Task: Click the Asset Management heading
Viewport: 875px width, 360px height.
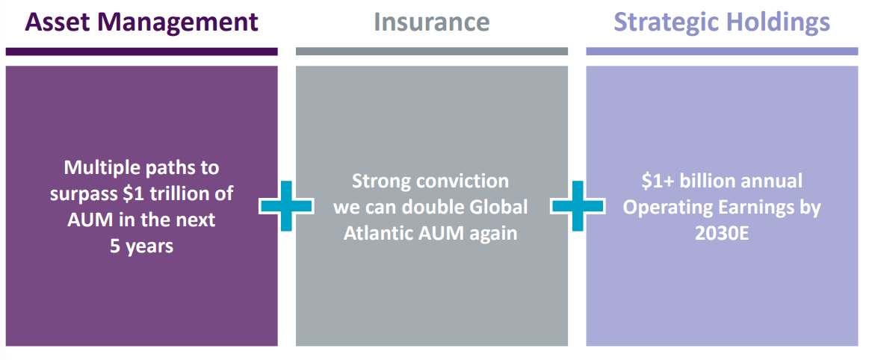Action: pyautogui.click(x=142, y=22)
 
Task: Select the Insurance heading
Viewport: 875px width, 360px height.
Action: pyautogui.click(x=431, y=22)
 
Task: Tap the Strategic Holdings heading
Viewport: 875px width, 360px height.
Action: pyautogui.click(x=722, y=22)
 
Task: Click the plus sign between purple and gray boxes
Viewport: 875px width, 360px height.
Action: pyautogui.click(x=287, y=205)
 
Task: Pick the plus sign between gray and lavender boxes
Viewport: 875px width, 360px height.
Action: pyautogui.click(x=577, y=205)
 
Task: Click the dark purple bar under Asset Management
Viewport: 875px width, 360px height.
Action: pyautogui.click(x=142, y=52)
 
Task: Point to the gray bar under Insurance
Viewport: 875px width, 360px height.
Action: pyautogui.click(x=431, y=52)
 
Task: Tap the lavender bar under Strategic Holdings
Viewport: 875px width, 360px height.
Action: pyautogui.click(x=722, y=52)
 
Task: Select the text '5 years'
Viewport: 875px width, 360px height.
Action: pyautogui.click(x=142, y=246)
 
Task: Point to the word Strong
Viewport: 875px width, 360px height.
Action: pyautogui.click(x=383, y=181)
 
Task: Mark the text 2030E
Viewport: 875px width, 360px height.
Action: pyautogui.click(x=722, y=232)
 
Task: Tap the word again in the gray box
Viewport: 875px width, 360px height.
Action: pyautogui.click(x=492, y=232)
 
